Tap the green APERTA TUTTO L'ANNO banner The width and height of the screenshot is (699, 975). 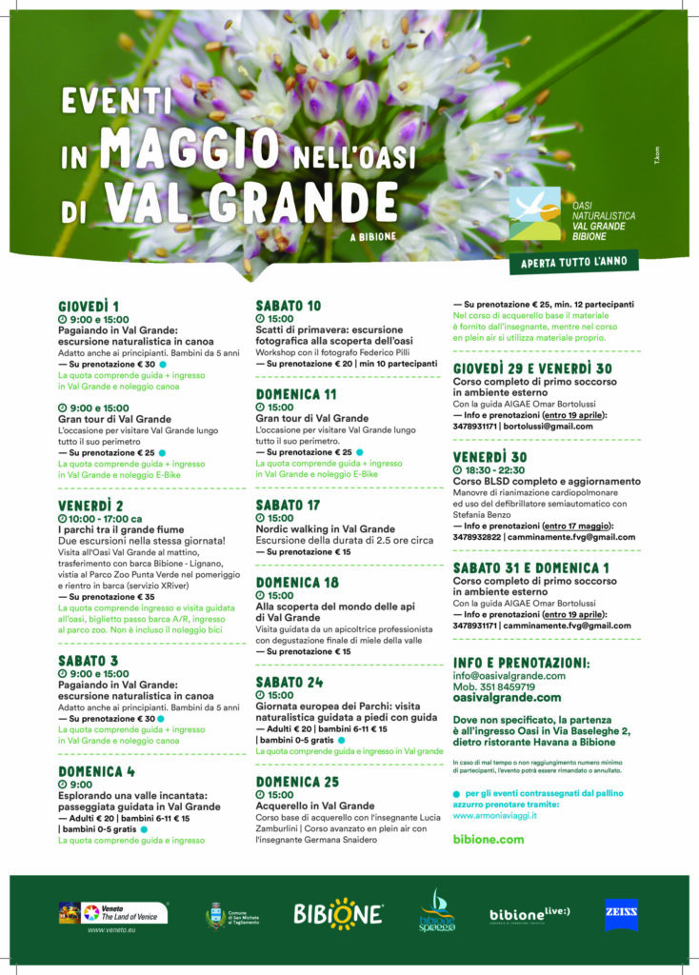[x=574, y=262]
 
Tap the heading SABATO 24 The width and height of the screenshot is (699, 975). [x=289, y=682]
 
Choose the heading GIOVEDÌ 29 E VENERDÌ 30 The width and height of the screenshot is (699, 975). [x=532, y=368]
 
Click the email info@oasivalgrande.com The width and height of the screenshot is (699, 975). [x=509, y=675]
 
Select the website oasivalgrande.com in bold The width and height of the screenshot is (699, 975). [x=507, y=697]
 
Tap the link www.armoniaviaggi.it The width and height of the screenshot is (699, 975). [x=494, y=815]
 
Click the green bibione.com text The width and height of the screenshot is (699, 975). [x=488, y=839]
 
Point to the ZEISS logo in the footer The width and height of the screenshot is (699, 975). [x=621, y=914]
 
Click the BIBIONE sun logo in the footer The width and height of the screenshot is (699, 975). [x=337, y=914]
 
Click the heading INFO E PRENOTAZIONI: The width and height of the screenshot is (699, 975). [x=521, y=662]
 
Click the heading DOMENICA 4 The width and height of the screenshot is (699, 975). [x=96, y=771]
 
